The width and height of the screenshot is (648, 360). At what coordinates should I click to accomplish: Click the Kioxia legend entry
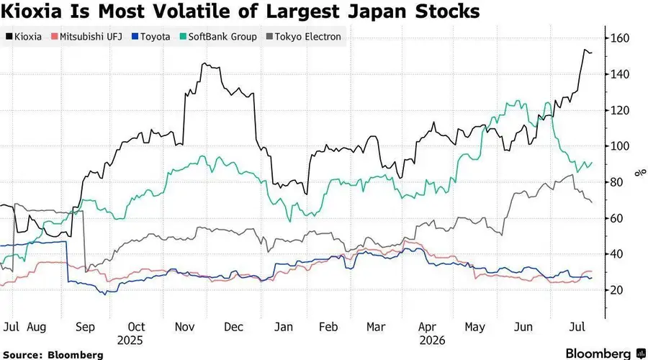(24, 37)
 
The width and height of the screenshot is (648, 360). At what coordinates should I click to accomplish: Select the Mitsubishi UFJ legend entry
(87, 37)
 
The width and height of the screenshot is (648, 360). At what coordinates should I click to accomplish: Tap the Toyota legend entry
(151, 37)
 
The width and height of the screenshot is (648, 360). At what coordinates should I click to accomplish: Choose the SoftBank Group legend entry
(218, 37)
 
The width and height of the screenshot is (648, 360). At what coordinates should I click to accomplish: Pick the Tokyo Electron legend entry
(304, 37)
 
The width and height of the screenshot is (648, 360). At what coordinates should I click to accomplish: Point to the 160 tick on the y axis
(620, 38)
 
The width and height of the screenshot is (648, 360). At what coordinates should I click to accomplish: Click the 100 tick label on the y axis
(620, 146)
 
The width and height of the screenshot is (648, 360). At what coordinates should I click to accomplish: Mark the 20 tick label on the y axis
(616, 290)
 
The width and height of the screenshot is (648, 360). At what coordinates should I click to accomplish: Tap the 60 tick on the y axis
(616, 218)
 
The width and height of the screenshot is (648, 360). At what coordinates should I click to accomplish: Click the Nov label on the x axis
(184, 327)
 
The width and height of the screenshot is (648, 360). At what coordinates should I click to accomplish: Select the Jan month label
(284, 327)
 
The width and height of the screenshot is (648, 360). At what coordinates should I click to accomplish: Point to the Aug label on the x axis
(37, 327)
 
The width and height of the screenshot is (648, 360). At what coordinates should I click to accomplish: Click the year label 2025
(130, 341)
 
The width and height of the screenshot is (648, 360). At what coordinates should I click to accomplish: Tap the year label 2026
(432, 341)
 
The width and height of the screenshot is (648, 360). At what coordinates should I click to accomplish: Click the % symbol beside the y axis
(641, 172)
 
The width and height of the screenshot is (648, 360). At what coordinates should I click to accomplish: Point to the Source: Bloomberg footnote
(53, 355)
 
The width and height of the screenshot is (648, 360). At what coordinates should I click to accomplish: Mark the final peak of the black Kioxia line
(585, 50)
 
